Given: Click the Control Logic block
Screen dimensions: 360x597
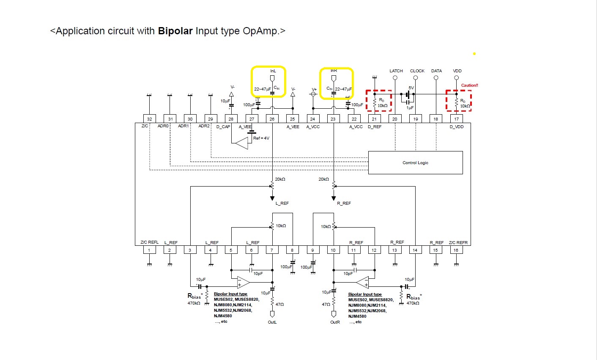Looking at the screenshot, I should pyautogui.click(x=415, y=162).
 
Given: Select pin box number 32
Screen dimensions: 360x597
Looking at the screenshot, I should pyautogui.click(x=149, y=119).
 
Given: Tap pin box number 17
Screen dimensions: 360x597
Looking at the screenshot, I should pyautogui.click(x=456, y=119).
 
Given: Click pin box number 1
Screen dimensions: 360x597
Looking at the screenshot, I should pyautogui.click(x=149, y=250).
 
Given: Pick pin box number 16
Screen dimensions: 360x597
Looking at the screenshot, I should pyautogui.click(x=456, y=250).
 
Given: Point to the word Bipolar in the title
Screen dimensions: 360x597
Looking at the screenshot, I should pyautogui.click(x=175, y=31).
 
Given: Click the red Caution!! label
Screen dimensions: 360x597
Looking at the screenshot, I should pyautogui.click(x=469, y=85).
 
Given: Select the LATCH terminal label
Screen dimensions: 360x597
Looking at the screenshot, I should pyautogui.click(x=396, y=71).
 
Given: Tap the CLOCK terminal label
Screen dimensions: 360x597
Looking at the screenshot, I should pyautogui.click(x=417, y=71).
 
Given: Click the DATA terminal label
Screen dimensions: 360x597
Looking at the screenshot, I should pyautogui.click(x=436, y=71).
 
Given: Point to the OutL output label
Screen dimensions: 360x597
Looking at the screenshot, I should pyautogui.click(x=272, y=322).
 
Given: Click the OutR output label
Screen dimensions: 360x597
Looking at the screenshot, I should pyautogui.click(x=335, y=322).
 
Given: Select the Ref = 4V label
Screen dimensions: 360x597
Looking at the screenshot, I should pyautogui.click(x=261, y=138).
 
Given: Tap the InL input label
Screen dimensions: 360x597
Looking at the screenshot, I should pyautogui.click(x=273, y=71).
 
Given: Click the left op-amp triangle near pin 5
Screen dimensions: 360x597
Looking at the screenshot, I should pyautogui.click(x=243, y=282).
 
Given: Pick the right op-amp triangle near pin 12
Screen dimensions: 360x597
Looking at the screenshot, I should pyautogui.click(x=363, y=282).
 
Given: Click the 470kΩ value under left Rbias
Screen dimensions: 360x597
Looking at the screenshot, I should pyautogui.click(x=194, y=303).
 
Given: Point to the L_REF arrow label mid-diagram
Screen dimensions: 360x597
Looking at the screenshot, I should pyautogui.click(x=282, y=203).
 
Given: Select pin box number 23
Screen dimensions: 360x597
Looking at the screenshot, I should pyautogui.click(x=333, y=119).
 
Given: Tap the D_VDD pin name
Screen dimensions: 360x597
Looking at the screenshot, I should pyautogui.click(x=457, y=127).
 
